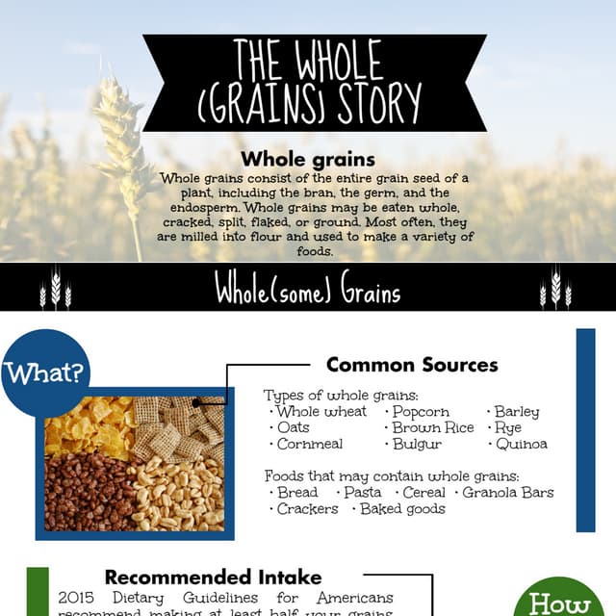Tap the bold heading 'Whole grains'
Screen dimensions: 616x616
pos(307,159)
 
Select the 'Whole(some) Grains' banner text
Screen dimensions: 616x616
pos(307,290)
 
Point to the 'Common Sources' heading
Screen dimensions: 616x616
pos(411,365)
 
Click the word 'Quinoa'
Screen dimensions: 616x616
pos(522,444)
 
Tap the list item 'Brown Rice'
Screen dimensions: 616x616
pos(433,427)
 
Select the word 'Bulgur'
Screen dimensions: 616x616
pos(418,444)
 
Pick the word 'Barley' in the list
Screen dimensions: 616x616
pos(517,411)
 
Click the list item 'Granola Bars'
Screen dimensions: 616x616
pos(508,492)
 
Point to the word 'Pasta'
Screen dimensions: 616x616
pos(362,492)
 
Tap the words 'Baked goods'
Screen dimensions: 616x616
pos(402,508)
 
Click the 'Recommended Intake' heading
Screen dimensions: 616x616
pos(213,577)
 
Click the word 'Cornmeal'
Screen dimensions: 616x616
pos(308,444)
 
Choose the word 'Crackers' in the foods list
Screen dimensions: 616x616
pos(307,508)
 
